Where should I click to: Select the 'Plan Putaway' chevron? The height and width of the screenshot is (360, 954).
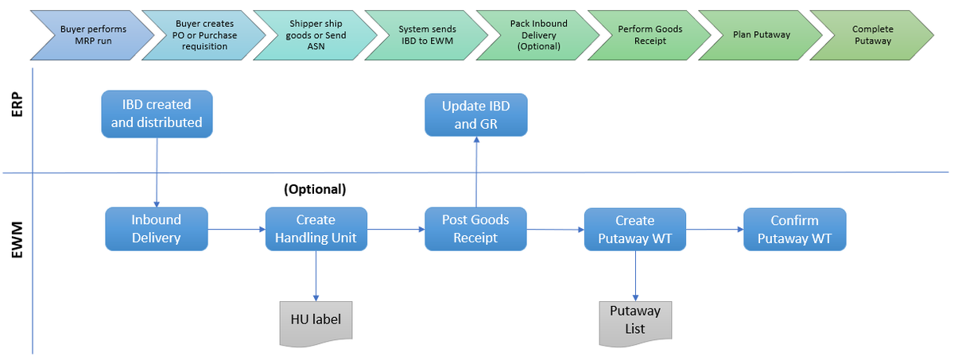coord(760,35)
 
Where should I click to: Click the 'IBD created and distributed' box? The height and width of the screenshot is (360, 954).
coord(157,114)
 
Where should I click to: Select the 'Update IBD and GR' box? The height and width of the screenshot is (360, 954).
coord(475,114)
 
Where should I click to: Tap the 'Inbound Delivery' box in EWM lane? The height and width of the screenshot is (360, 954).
coord(157,229)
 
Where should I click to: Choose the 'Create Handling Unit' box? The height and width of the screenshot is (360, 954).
coord(316,229)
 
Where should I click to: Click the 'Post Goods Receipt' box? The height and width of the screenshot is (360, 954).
coord(475,229)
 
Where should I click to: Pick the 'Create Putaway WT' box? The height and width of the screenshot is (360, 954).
coord(634,230)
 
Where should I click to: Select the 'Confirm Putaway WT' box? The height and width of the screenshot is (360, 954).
coord(794,230)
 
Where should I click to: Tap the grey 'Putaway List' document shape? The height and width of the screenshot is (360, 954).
coord(634,323)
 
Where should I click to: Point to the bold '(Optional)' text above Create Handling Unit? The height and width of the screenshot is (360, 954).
coord(315,190)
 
